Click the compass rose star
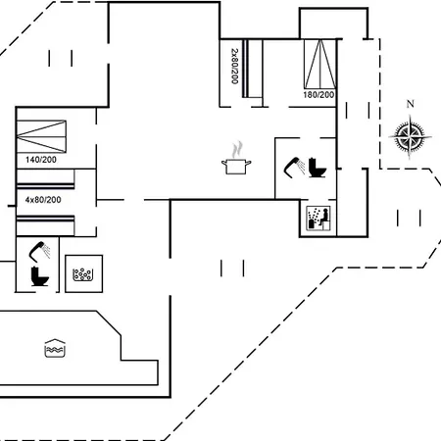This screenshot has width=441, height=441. [410, 137]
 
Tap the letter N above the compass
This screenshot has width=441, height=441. [411, 104]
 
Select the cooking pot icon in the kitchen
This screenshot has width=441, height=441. [236, 166]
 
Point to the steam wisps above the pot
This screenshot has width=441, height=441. [237, 150]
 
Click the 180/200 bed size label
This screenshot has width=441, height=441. [318, 95]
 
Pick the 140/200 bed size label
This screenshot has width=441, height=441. [41, 160]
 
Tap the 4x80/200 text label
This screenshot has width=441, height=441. [43, 200]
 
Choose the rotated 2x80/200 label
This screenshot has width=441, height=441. [234, 67]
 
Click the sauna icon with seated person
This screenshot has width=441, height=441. [318, 218]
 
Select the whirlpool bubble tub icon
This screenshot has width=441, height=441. [84, 273]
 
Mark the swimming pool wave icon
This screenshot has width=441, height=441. [55, 348]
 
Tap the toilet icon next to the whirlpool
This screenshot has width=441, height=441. [39, 276]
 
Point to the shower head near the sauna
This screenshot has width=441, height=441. [294, 168]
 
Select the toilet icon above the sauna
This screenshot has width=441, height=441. [318, 168]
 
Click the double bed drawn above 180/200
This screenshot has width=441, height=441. [320, 64]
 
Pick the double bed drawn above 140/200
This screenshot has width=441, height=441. [41, 136]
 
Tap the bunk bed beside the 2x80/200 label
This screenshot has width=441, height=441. [253, 69]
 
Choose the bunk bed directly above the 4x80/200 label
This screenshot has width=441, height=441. [45, 179]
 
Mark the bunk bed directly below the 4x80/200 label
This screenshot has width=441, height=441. [45, 225]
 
